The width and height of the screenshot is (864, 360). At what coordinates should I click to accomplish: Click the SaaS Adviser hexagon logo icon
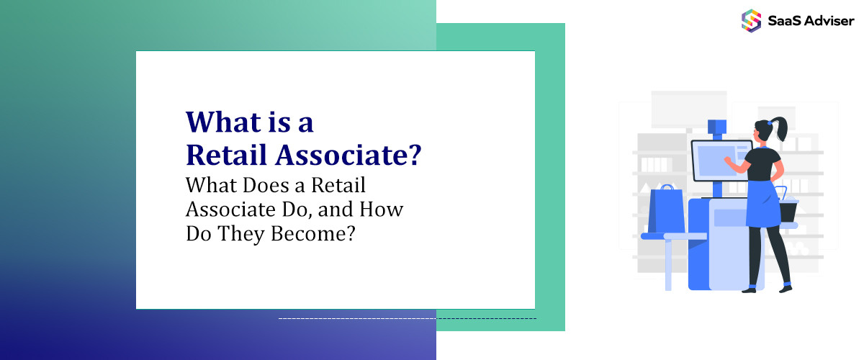[x=751, y=20]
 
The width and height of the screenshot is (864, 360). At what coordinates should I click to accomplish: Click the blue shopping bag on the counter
[x=666, y=210]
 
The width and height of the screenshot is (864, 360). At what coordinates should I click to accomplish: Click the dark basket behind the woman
[x=788, y=209]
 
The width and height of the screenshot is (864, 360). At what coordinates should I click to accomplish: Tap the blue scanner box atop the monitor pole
[x=716, y=127]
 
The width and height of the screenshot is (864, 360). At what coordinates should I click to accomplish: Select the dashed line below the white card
[x=407, y=318]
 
